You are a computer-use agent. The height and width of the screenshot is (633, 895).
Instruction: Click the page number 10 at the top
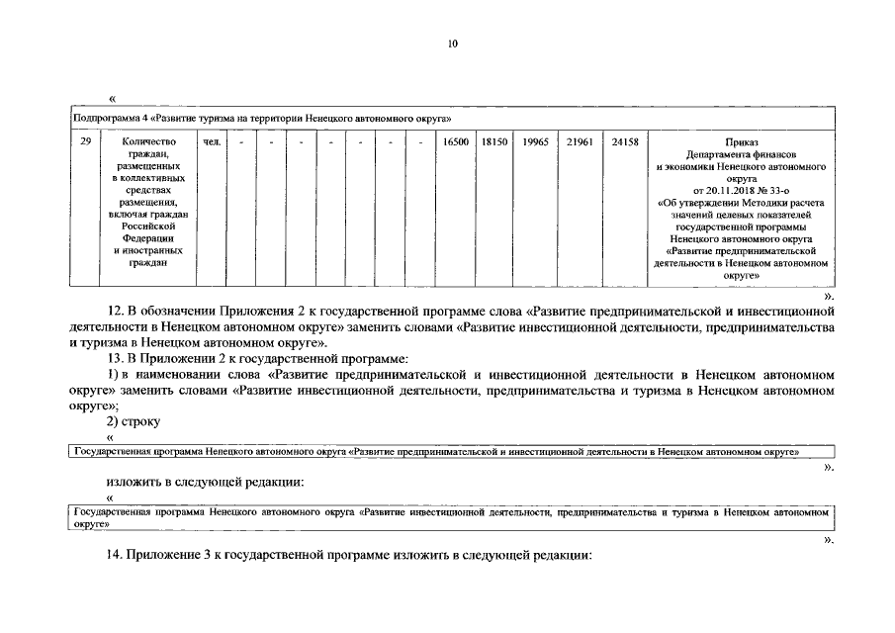click(x=452, y=45)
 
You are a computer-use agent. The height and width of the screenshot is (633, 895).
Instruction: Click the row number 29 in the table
click(x=86, y=142)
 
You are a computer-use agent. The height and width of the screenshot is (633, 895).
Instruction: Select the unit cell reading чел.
click(x=211, y=142)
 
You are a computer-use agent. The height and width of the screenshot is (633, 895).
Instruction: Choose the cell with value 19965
click(x=536, y=142)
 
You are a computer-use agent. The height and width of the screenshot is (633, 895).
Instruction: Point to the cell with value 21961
click(x=580, y=142)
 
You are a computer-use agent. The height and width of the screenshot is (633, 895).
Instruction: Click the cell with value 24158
click(x=625, y=142)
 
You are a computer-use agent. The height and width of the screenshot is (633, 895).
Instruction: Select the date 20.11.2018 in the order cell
click(x=734, y=191)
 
